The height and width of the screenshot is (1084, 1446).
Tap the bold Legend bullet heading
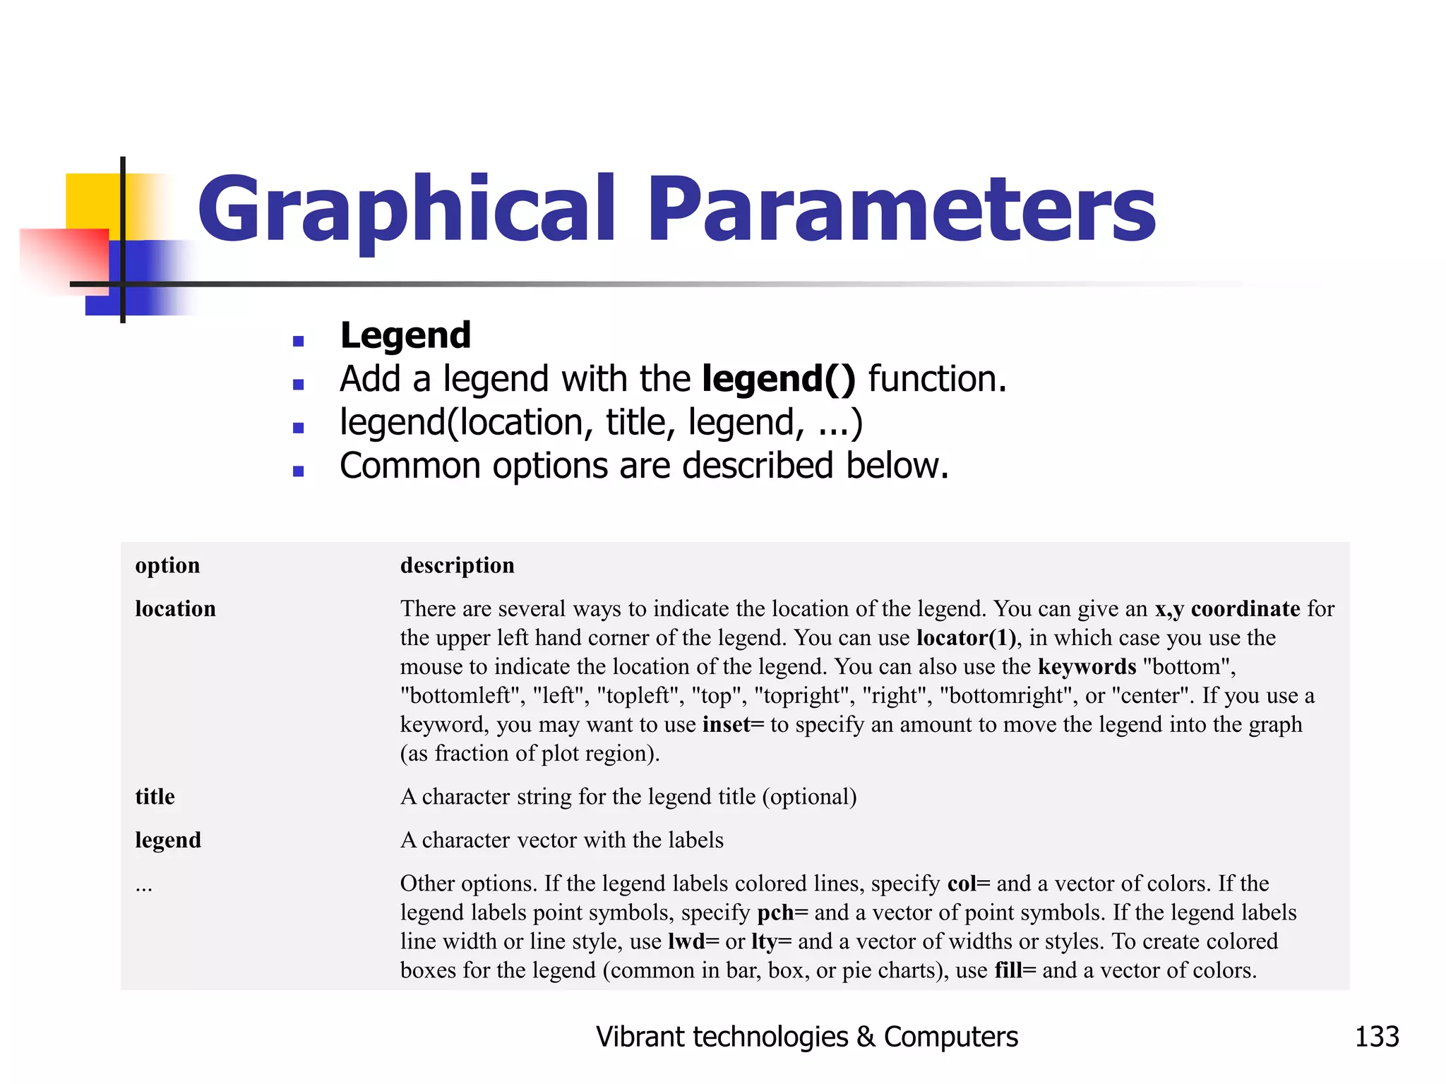tap(405, 335)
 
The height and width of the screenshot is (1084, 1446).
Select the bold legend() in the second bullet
tap(778, 379)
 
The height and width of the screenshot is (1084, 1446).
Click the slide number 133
tap(1376, 1037)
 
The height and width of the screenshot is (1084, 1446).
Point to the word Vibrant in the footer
tap(640, 1037)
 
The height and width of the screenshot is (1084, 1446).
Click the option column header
tap(167, 565)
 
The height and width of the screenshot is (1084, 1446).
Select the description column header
tap(457, 565)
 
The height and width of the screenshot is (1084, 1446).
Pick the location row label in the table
tap(175, 608)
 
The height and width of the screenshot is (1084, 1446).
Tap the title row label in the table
tap(155, 797)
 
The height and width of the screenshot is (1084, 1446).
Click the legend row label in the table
tap(168, 840)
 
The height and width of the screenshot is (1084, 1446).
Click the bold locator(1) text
tap(966, 638)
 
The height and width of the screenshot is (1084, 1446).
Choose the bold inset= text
tap(733, 725)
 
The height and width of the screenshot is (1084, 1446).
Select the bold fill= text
tap(1015, 970)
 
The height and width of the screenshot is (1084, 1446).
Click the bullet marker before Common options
tap(298, 471)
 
